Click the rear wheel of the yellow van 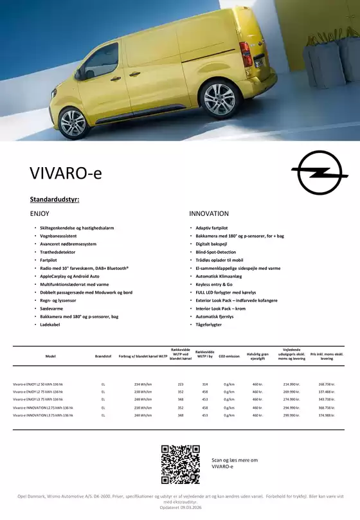pos(219,97)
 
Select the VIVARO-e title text pos(66,174)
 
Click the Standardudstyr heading pos(55,200)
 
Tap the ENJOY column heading pos(40,213)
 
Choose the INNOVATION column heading pos(208,213)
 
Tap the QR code pos(180,463)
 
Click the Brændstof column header pos(103,355)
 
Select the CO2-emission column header pos(229,355)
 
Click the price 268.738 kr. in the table pos(327,384)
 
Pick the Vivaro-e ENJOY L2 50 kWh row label pos(38,384)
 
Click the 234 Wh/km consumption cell pos(143,384)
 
